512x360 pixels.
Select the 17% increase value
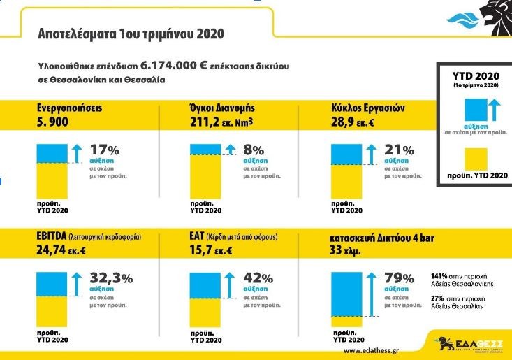coord(105,150)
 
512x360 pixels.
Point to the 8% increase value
coord(254,150)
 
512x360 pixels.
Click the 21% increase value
coord(399,150)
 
